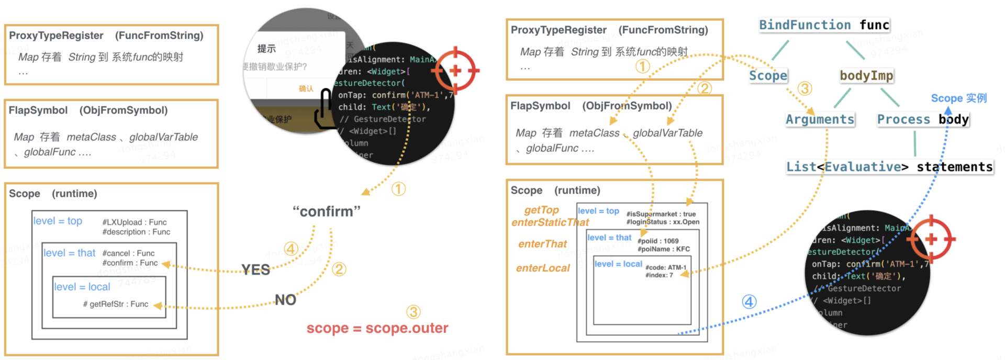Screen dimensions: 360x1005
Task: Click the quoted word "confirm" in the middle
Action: coord(327,211)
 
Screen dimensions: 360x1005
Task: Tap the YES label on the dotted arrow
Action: coord(255,269)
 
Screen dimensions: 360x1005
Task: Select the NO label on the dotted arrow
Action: coord(285,300)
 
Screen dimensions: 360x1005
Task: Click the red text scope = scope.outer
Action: coord(377,328)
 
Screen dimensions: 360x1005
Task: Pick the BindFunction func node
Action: coord(824,25)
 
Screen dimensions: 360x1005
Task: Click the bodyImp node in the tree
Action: coord(866,76)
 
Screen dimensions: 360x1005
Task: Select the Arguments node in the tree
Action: coord(820,119)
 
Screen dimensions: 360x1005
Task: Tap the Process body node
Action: coord(923,119)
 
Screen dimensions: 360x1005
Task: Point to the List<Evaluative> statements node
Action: coord(889,167)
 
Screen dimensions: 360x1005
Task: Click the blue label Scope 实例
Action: coord(958,98)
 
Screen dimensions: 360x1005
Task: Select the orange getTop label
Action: coord(541,210)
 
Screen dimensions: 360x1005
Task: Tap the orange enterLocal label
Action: coord(543,268)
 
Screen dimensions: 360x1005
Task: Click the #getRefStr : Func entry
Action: coord(116,304)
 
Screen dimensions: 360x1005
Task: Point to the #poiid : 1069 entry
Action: coord(657,241)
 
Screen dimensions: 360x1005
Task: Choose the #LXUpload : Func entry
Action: coord(135,222)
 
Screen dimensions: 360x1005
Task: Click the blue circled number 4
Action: coord(749,302)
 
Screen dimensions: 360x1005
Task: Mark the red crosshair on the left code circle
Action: coord(455,70)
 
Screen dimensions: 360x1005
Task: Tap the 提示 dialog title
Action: coord(266,49)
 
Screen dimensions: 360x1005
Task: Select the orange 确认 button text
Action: coord(306,88)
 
